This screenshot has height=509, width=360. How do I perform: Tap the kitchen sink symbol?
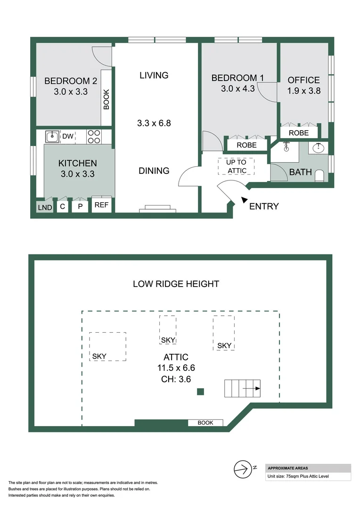click(x=52, y=137)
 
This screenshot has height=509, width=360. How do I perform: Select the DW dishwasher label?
click(x=68, y=137)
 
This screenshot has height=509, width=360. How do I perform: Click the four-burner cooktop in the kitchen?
click(x=94, y=137)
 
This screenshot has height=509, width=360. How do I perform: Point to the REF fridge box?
click(x=101, y=205)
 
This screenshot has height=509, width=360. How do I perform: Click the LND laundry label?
click(x=45, y=207)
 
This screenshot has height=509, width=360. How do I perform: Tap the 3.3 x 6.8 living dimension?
click(x=154, y=123)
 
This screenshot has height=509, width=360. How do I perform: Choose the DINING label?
click(x=154, y=171)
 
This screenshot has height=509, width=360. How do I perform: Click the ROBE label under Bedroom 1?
click(x=246, y=145)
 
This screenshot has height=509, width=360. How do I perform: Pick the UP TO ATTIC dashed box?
click(x=236, y=166)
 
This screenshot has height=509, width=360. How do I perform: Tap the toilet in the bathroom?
click(x=319, y=176)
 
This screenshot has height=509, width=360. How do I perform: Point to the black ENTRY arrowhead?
click(x=244, y=200)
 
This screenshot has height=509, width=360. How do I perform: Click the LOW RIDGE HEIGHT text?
click(x=176, y=284)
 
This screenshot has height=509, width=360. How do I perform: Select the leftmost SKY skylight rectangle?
click(x=107, y=346)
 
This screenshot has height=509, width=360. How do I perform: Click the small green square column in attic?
click(x=200, y=391)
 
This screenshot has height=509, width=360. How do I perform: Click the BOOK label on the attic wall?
click(x=205, y=423)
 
